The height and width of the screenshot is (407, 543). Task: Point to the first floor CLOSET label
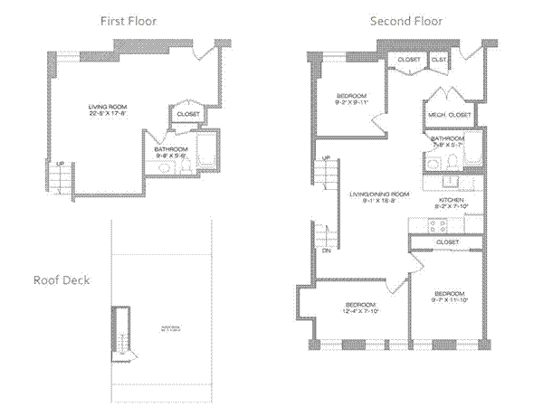(188, 114)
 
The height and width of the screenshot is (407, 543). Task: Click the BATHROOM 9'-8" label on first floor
(170, 149)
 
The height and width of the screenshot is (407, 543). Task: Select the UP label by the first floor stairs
(60, 164)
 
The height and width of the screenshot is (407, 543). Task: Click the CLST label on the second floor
(439, 60)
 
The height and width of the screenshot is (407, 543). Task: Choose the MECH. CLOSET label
(449, 115)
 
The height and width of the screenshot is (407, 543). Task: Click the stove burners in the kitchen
(420, 222)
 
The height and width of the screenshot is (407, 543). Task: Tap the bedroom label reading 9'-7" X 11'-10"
(449, 296)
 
